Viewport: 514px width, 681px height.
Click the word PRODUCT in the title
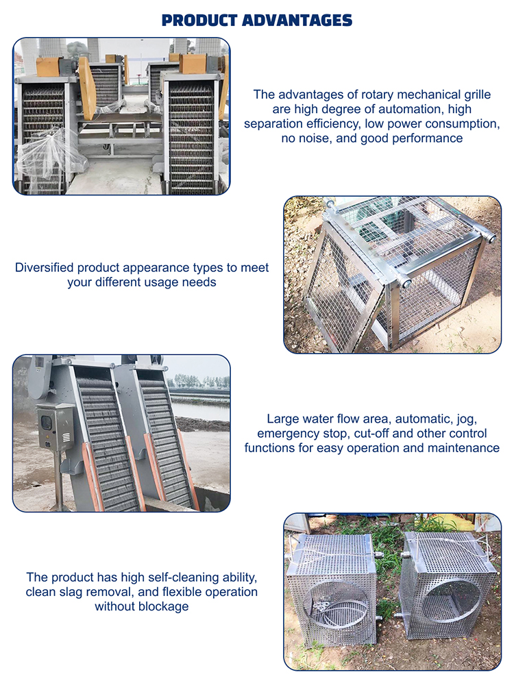[199, 21]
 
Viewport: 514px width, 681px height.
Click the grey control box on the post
[56, 428]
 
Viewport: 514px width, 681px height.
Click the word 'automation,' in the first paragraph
[409, 110]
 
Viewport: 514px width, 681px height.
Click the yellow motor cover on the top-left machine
[48, 67]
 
